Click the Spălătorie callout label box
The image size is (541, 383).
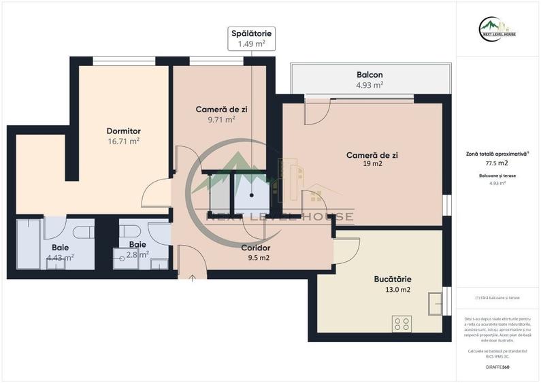pyautogui.click(x=251, y=39)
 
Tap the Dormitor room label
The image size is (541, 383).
pyautogui.click(x=123, y=131)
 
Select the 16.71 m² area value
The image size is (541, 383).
pyautogui.click(x=123, y=141)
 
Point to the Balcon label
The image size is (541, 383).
pyautogui.click(x=370, y=75)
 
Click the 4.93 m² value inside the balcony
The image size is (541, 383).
pyautogui.click(x=370, y=85)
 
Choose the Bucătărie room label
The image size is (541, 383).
pyautogui.click(x=392, y=279)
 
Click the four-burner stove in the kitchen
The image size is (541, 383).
pyautogui.click(x=401, y=323)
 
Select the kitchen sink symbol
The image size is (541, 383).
pyautogui.click(x=435, y=303)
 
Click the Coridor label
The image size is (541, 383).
pyautogui.click(x=256, y=248)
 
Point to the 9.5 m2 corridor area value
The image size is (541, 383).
pyautogui.click(x=258, y=258)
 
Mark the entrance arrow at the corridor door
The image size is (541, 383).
pyautogui.click(x=193, y=277)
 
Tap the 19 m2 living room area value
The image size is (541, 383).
pyautogui.click(x=372, y=164)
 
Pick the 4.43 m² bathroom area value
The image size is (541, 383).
pyautogui.click(x=60, y=258)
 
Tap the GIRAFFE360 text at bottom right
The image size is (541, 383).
pyautogui.click(x=497, y=367)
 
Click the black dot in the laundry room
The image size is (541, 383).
pyautogui.click(x=252, y=195)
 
